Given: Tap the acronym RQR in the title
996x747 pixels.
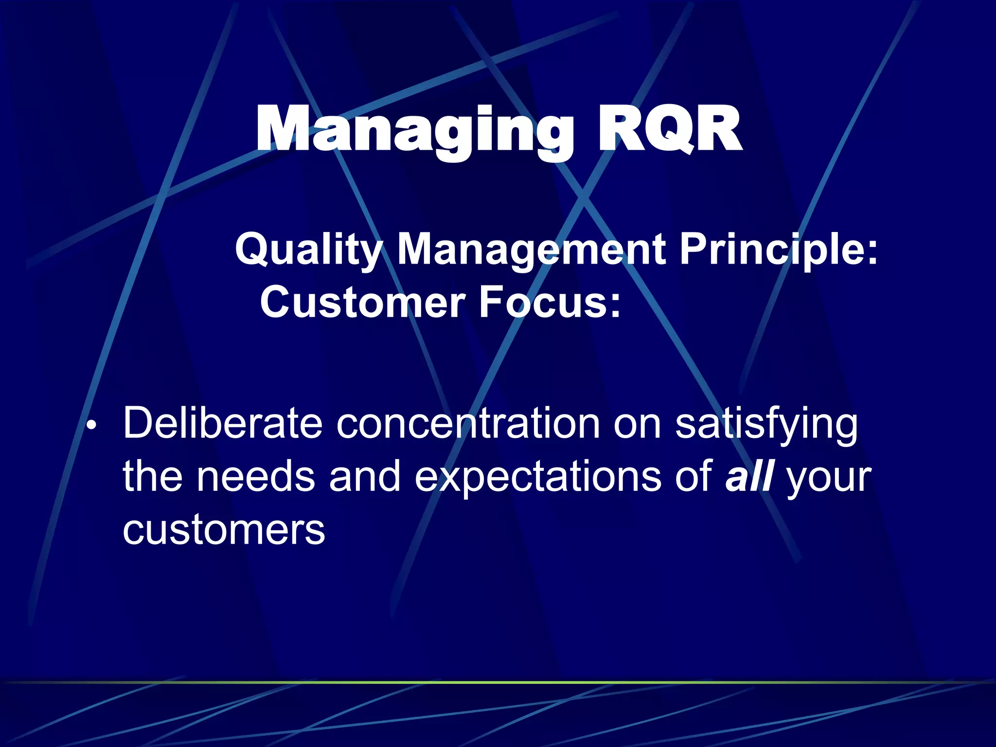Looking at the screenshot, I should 669,130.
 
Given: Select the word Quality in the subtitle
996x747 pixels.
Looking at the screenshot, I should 308,249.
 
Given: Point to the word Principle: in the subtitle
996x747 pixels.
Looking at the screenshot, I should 778,249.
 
